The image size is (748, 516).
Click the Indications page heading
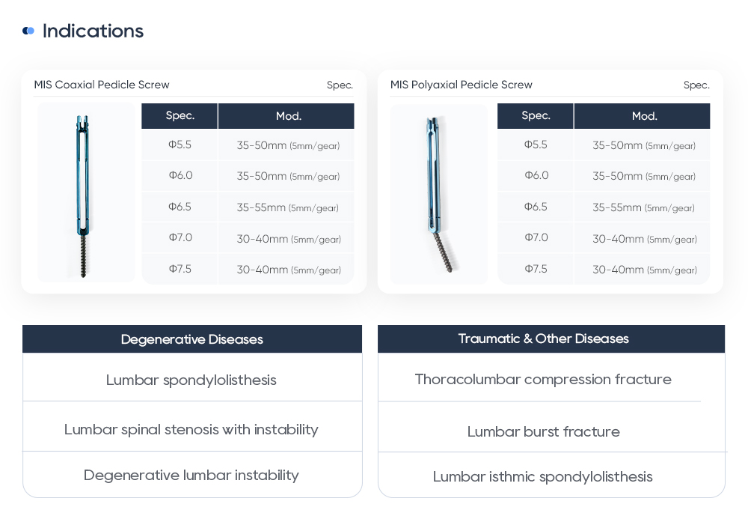[93, 31]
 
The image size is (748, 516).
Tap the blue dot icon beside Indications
[28, 31]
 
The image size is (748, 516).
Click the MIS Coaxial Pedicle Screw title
[102, 85]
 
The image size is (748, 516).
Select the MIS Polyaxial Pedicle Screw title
[462, 85]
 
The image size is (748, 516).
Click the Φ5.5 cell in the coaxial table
[180, 145]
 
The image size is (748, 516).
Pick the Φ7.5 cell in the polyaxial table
[536, 269]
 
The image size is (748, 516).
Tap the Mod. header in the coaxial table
[289, 116]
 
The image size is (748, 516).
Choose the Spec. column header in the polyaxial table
[536, 115]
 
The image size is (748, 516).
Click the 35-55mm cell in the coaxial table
[287, 207]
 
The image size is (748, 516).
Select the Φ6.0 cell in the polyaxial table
[536, 175]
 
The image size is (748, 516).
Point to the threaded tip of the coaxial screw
[83, 258]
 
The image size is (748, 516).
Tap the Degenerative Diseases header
[192, 339]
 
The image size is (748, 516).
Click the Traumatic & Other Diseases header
[544, 339]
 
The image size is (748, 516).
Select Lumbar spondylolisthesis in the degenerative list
[191, 380]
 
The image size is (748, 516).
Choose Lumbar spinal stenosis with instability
[191, 429]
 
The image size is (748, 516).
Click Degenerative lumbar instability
[191, 475]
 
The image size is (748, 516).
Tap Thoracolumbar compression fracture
[543, 379]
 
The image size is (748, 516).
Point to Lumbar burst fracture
[544, 431]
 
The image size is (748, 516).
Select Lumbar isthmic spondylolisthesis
[543, 476]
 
